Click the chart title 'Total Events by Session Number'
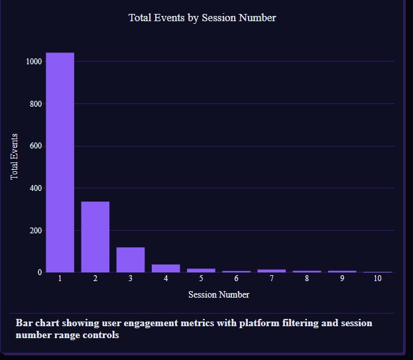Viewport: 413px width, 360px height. pos(202,18)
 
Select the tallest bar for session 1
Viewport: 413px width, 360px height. pos(60,162)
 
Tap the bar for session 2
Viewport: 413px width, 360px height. pos(95,237)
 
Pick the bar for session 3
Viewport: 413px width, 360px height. pos(130,259)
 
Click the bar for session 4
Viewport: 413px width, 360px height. pos(165,268)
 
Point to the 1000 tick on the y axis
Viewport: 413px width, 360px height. pos(34,62)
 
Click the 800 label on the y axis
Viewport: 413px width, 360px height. pos(36,104)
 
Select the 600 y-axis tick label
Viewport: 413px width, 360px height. pos(36,146)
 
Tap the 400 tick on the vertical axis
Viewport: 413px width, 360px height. pos(36,188)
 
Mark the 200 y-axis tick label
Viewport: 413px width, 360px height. pos(36,231)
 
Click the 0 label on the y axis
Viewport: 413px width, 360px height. pos(40,272)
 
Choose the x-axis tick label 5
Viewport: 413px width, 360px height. pos(201,278)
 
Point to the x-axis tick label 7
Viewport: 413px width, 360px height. pos(271,278)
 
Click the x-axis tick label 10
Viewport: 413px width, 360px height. pos(377,278)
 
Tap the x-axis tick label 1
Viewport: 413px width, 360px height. pos(60,278)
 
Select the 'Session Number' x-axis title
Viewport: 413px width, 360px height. pos(219,294)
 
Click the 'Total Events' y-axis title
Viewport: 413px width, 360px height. pos(15,157)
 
